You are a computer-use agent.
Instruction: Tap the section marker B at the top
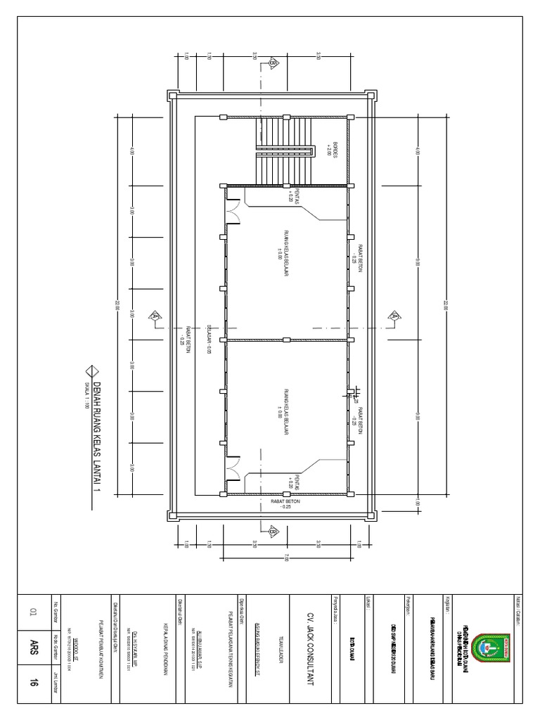[x=272, y=64]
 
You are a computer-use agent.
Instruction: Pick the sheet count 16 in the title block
[x=32, y=701]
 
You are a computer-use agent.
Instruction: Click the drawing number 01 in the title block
[x=32, y=613]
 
